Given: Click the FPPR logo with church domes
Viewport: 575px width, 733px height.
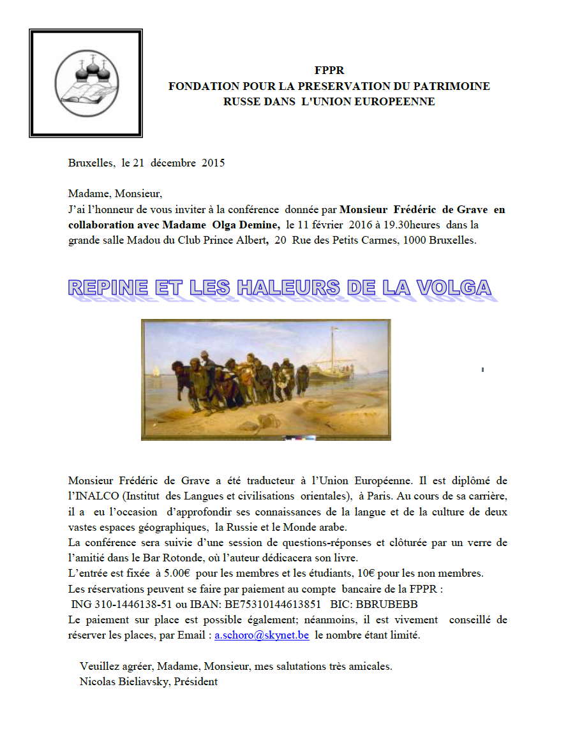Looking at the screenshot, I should [x=85, y=82].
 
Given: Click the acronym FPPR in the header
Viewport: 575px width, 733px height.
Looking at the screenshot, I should [x=329, y=71].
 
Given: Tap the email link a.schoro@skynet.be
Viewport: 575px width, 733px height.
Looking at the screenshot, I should [x=262, y=635].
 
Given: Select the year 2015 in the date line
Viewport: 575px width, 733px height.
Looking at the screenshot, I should [x=213, y=163].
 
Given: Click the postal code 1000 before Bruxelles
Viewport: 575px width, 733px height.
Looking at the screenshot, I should [x=408, y=240].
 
